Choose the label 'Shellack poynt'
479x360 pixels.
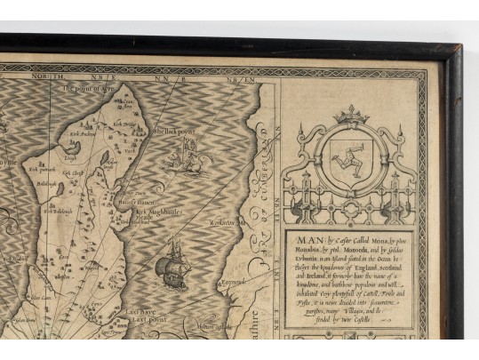[x=175, y=130]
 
